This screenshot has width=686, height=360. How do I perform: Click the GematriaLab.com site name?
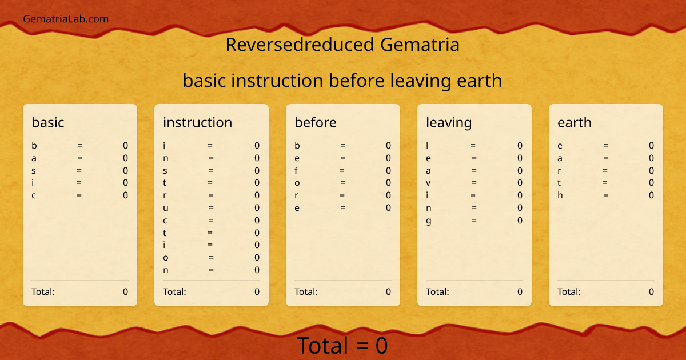[66, 19]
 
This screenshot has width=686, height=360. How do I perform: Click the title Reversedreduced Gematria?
[342, 45]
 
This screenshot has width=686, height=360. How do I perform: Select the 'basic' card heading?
[48, 122]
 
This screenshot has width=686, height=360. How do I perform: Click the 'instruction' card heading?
[197, 122]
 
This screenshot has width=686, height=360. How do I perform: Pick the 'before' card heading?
[316, 122]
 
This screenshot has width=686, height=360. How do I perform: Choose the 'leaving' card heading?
[449, 122]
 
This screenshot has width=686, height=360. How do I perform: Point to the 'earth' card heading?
[575, 122]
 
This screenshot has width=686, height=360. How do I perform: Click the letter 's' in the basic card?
[34, 170]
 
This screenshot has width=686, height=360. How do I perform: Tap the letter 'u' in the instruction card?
[166, 208]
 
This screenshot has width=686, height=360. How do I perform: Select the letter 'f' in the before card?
[296, 170]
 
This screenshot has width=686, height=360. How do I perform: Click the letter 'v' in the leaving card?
[428, 183]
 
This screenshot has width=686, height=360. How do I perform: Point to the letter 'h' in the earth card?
[560, 195]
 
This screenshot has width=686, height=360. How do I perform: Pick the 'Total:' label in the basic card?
[43, 291]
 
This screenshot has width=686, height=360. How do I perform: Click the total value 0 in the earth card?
[651, 291]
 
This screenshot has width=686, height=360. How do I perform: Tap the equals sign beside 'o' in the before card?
[342, 183]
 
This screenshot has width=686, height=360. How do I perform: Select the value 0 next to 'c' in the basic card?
[125, 195]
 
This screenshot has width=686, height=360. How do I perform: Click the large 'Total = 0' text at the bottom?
[342, 346]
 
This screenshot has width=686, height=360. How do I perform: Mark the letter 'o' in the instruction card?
[166, 258]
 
